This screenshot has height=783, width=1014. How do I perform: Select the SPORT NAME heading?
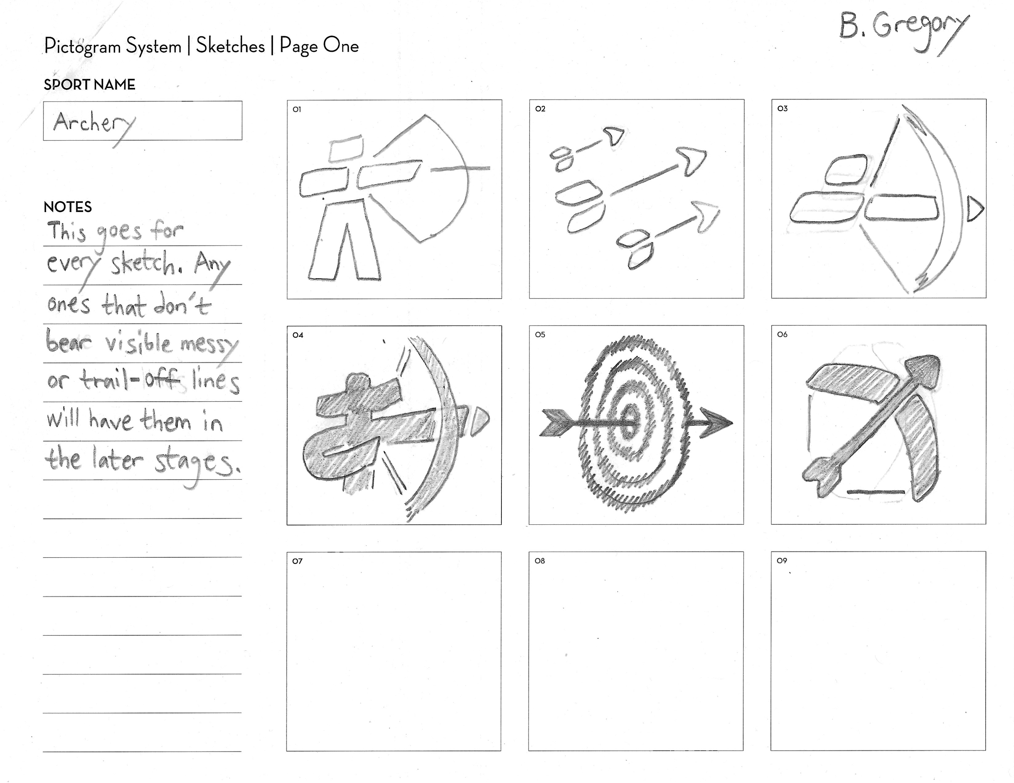[x=90, y=85]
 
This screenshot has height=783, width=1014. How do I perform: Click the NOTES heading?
[x=68, y=207]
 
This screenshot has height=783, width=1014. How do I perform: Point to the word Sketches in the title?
[x=230, y=46]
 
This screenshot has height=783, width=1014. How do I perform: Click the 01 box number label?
[x=297, y=110]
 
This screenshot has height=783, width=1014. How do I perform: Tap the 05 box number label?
[x=540, y=334]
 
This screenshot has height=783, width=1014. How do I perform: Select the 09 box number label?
[x=782, y=560]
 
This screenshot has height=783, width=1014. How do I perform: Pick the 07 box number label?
[x=297, y=561]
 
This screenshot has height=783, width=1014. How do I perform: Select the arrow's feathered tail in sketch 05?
[x=557, y=423]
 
